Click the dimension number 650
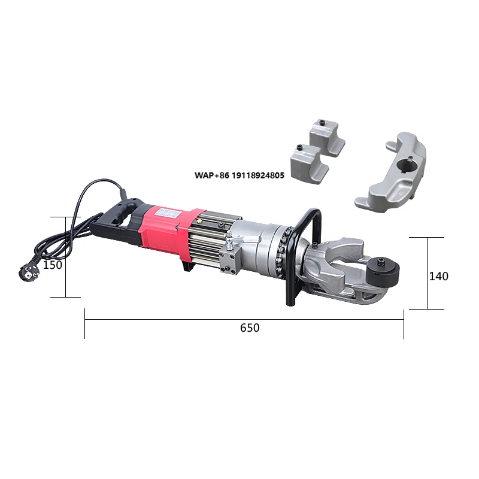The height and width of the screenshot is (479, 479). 250,328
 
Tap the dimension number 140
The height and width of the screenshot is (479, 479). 438,276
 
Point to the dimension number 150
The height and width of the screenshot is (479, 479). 53,265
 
